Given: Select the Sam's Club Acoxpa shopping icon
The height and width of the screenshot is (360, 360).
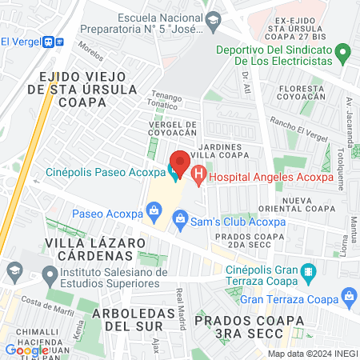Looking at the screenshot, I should (180, 218).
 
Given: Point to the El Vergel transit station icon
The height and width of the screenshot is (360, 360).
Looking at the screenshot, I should (50, 42).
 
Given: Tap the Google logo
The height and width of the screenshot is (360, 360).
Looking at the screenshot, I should (26, 350).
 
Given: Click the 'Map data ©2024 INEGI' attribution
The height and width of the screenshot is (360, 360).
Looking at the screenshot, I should (311, 353).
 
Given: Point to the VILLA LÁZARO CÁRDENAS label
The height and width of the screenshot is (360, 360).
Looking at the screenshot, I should (88, 249).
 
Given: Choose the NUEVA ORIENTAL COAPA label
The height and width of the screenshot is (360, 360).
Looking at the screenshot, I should (307, 204).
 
